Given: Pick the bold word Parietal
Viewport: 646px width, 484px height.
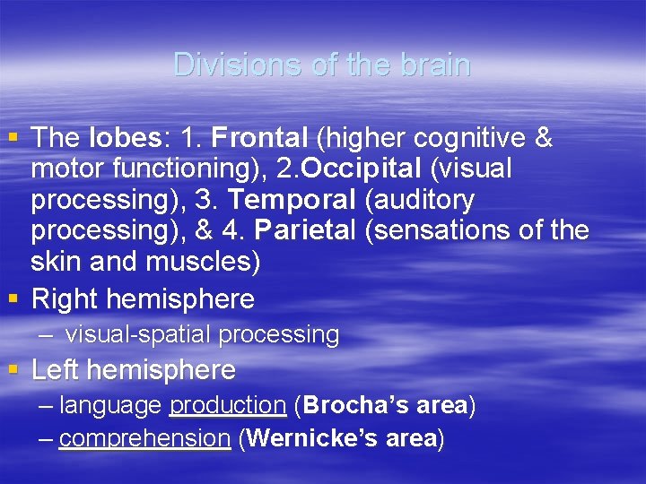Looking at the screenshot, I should point(306,230).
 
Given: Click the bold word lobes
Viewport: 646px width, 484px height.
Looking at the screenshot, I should point(123,138).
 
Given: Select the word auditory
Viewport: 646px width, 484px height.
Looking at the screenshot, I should point(423,199).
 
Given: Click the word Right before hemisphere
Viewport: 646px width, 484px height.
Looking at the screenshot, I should point(66,298).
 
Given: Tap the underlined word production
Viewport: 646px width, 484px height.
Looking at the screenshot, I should point(227,405).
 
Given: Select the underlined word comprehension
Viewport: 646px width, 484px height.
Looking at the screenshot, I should point(144,438).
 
